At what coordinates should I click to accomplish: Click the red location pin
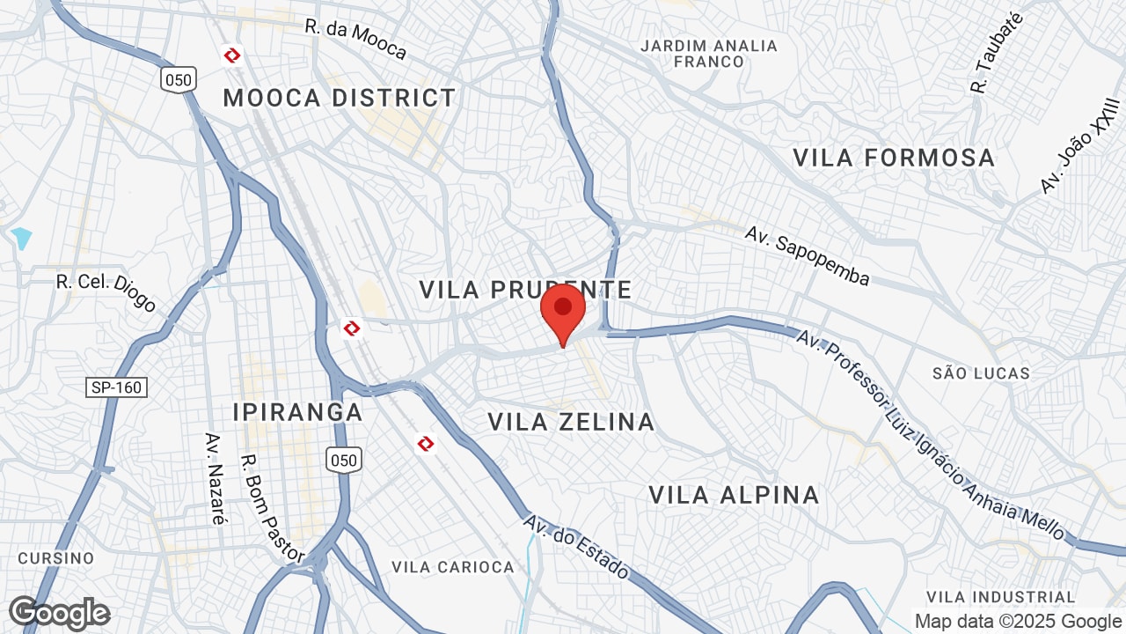coord(563,313)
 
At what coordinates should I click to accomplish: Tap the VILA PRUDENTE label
coord(525,290)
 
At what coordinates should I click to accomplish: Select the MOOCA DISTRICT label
coord(340,98)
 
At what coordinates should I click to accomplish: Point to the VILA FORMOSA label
coord(894,158)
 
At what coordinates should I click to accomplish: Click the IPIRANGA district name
coord(297,412)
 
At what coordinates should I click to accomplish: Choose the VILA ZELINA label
coord(571,422)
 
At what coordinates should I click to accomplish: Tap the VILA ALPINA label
coord(734,495)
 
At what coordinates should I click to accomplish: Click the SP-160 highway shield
coord(117,387)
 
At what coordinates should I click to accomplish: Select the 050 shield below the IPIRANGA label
coord(343,460)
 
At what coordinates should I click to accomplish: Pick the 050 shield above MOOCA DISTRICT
coord(178,80)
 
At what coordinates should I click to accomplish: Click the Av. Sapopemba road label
coord(807,255)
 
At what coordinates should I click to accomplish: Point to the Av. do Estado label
coord(576,547)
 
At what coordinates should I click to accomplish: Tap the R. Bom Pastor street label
coord(272,508)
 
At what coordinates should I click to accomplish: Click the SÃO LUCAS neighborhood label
coord(981,373)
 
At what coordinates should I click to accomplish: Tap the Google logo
coord(59,613)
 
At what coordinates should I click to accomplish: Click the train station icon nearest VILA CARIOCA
coord(426,443)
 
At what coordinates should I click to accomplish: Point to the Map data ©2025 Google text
coord(1018,621)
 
